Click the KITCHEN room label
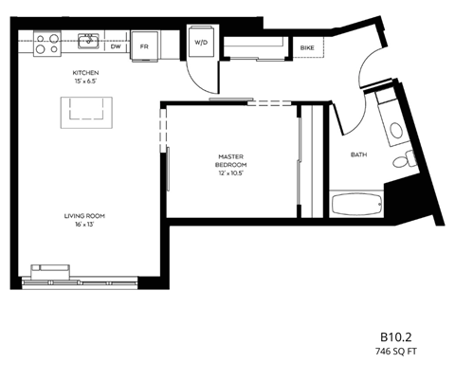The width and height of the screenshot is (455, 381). pos(86,73)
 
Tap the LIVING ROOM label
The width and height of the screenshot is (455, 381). pos(84,216)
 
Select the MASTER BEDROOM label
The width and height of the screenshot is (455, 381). pos(230,159)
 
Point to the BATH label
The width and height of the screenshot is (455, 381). pos(358,154)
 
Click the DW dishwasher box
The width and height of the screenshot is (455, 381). pos(115,45)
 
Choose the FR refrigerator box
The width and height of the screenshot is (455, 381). pos(145,45)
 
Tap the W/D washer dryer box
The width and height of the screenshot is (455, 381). pos(202,44)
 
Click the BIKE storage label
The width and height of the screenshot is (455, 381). pos(307,47)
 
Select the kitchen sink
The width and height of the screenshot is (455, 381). pos(87,41)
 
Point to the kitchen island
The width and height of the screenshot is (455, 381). pos(87,112)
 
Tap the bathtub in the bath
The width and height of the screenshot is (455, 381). pos(356,202)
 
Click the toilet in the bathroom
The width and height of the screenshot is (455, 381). pos(403,161)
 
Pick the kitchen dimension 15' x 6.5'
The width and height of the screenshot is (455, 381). pos(86,82)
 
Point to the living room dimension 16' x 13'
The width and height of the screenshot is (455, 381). pos(84,226)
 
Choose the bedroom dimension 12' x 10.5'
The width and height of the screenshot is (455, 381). pos(230,172)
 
